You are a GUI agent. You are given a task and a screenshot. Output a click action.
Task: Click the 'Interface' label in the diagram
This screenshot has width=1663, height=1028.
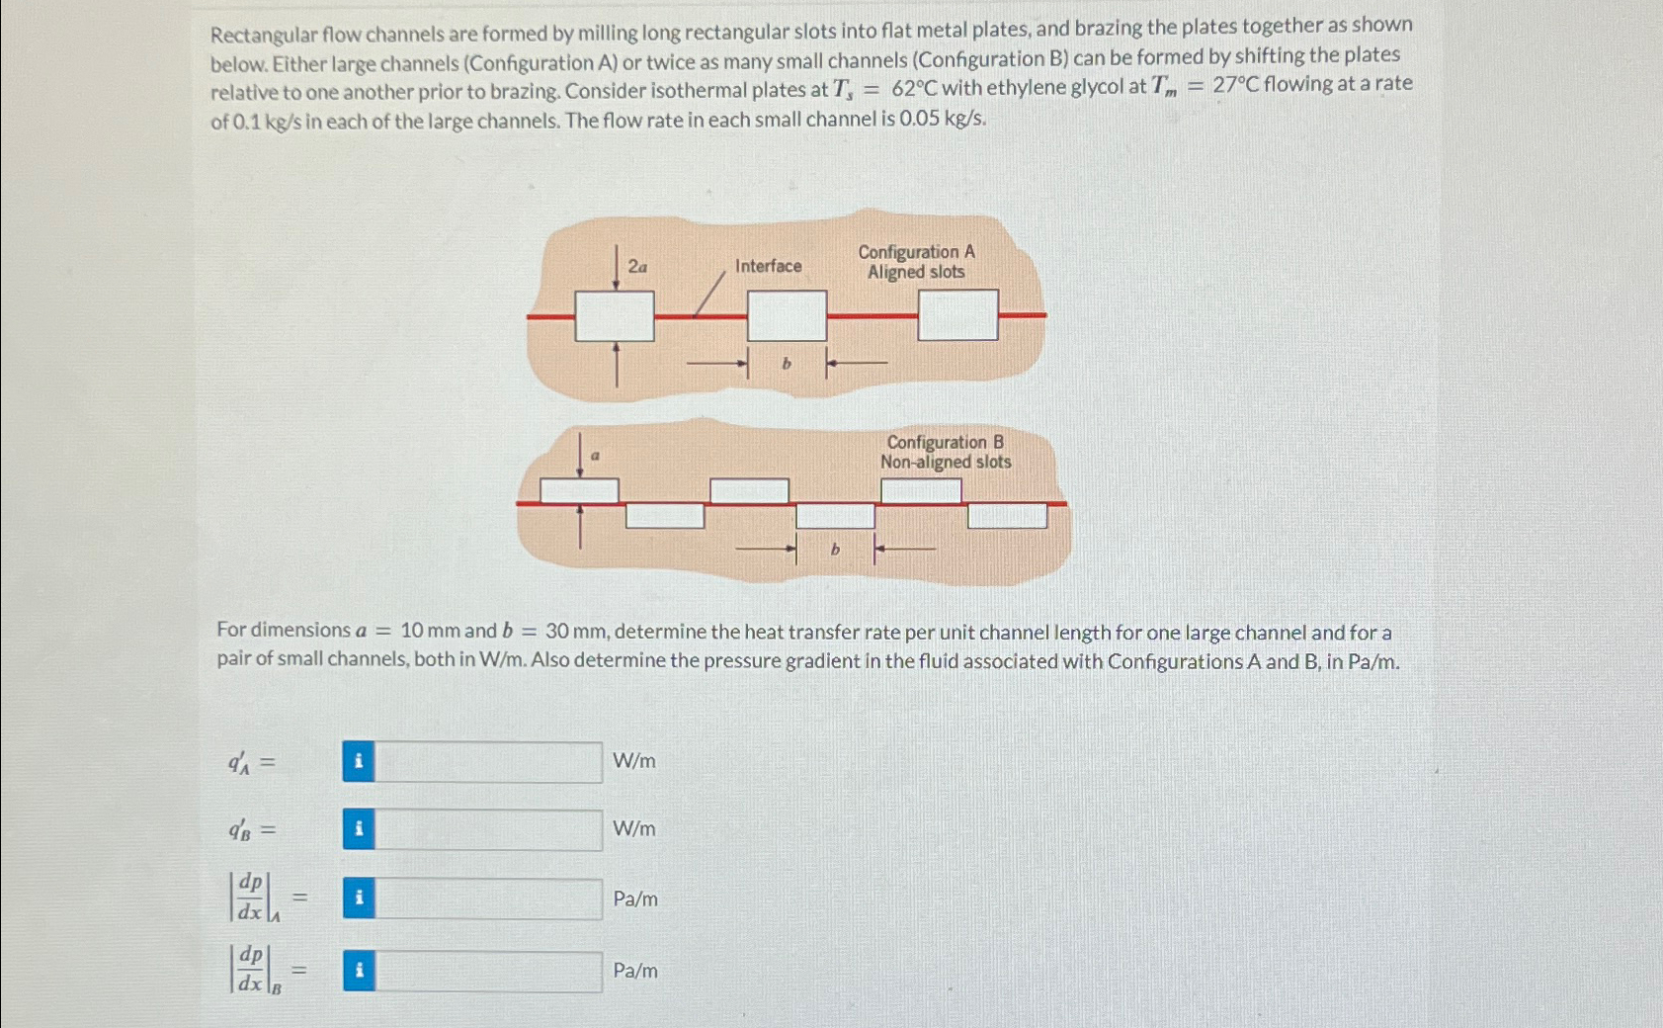pos(768,266)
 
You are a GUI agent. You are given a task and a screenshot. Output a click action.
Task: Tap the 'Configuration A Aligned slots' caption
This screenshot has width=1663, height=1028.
pos(916,262)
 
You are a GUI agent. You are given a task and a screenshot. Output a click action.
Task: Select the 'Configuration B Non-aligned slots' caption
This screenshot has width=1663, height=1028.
pos(946,452)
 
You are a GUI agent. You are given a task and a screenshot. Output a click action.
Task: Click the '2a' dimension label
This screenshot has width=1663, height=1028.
pos(638,266)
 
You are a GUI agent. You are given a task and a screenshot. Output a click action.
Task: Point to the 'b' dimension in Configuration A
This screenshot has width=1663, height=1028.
pos(787,364)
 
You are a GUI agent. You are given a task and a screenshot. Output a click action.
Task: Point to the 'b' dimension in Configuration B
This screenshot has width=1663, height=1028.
pos(835,549)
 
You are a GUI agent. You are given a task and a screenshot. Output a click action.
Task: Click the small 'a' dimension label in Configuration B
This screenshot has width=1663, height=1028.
pos(596,456)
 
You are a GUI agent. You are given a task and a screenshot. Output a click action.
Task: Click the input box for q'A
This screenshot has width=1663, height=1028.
pos(488,762)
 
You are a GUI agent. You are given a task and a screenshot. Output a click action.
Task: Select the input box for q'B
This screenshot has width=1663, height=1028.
pos(488,829)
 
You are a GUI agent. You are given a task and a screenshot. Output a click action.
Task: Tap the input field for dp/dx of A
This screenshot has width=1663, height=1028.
pos(488,899)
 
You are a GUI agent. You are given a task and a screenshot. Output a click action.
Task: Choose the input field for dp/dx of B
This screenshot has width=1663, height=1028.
pos(488,971)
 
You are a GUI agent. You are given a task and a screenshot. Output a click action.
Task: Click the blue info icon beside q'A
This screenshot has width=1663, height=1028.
pos(359,762)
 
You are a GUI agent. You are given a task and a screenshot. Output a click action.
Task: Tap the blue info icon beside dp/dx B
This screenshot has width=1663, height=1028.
pos(359,971)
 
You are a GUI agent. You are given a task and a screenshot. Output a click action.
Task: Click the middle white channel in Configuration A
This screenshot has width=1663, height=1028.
pos(787,315)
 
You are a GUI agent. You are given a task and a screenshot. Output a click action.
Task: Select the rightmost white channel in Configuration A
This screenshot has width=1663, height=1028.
pos(957,314)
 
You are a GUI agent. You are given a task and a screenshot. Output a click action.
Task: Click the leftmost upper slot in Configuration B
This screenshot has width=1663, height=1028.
pos(579,490)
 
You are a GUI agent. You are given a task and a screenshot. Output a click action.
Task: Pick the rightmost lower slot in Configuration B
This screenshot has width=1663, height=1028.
pos(1007,516)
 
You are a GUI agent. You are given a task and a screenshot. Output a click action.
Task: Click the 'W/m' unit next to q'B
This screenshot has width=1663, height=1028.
pos(633,829)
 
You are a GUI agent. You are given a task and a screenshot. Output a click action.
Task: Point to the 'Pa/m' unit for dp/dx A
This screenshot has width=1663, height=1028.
pos(635,899)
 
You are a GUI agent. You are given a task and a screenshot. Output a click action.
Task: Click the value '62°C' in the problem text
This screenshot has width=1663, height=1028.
pos(913,88)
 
